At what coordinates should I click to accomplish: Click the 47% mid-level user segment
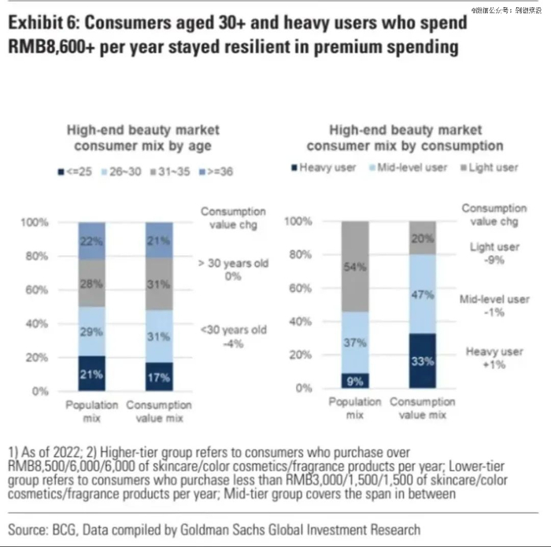pos(423,294)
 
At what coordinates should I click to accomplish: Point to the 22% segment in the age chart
pos(91,239)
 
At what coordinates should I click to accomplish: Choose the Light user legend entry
pos(489,168)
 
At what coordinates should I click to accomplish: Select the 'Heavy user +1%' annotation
pos(494,358)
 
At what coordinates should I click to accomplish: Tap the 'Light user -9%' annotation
pos(494,253)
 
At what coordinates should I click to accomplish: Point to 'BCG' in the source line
pos(69,529)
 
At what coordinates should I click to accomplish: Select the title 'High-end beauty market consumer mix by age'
pos(142,138)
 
